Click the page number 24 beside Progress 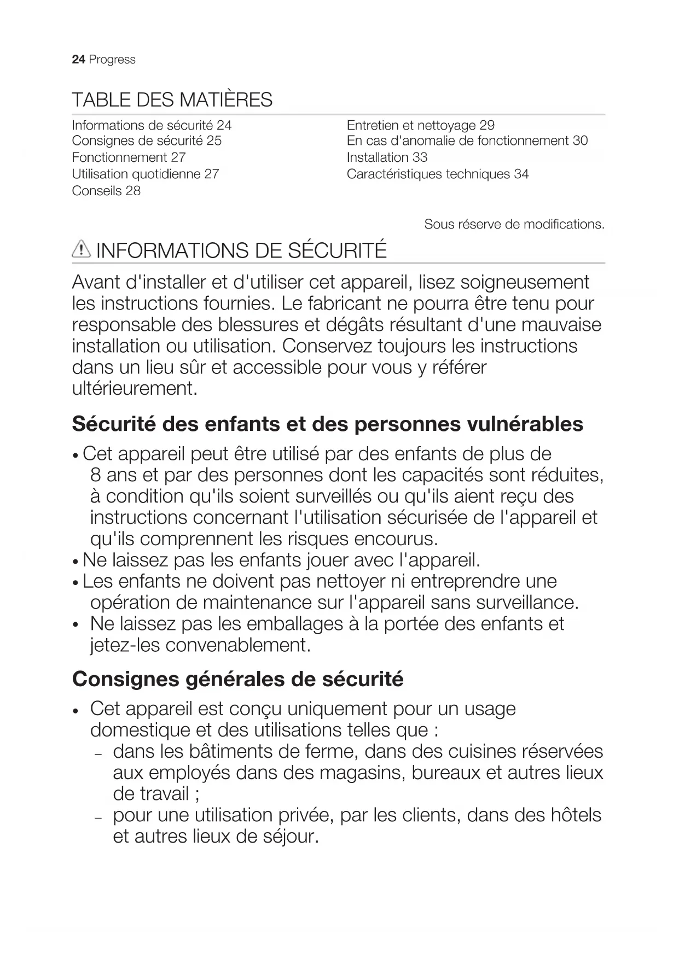click(x=78, y=60)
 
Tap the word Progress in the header click(x=112, y=60)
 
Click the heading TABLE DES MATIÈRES click(x=172, y=100)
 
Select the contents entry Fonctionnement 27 click(x=129, y=157)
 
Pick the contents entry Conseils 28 click(x=106, y=191)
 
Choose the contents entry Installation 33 click(x=387, y=157)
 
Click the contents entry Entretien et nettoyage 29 click(x=420, y=125)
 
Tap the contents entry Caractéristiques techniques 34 click(x=437, y=174)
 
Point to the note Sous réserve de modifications click(x=514, y=224)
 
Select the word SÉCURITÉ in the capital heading click(x=337, y=250)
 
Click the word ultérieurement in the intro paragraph click(x=134, y=389)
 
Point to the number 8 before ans click(x=96, y=475)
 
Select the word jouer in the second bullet click(x=328, y=560)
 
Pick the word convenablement click(x=237, y=645)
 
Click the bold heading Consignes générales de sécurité click(x=237, y=679)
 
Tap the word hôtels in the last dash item click(x=572, y=815)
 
